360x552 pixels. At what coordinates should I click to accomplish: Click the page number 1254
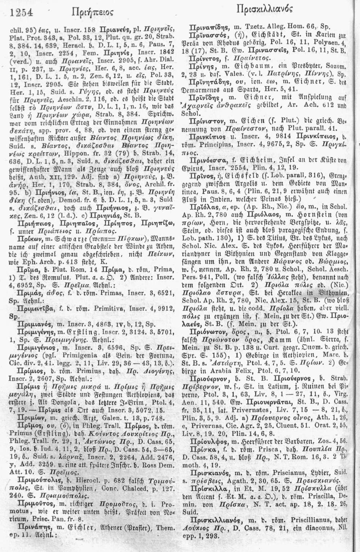[22, 13]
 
